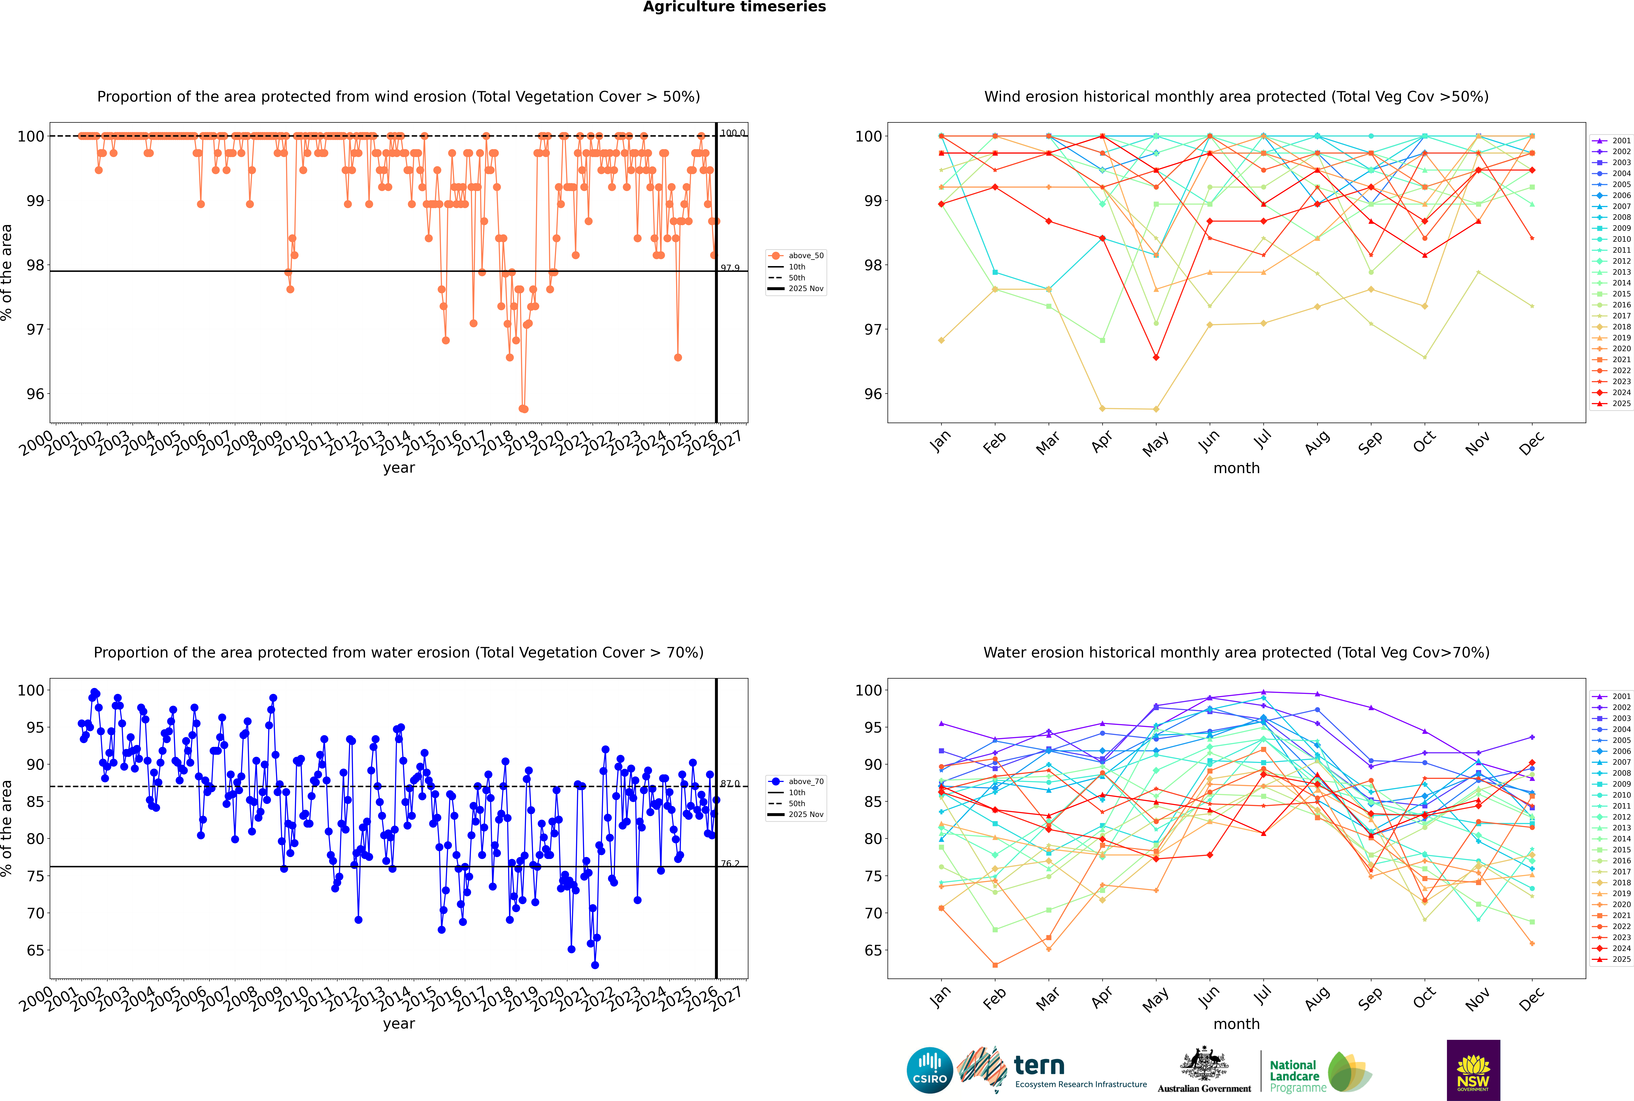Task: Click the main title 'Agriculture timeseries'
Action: pos(734,7)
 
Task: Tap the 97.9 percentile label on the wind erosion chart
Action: pos(730,268)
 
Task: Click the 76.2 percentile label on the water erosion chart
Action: pos(730,864)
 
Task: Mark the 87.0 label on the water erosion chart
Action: pos(730,784)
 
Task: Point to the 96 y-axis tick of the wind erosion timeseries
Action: pos(35,394)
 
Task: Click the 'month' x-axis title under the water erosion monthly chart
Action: pos(1236,1024)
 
